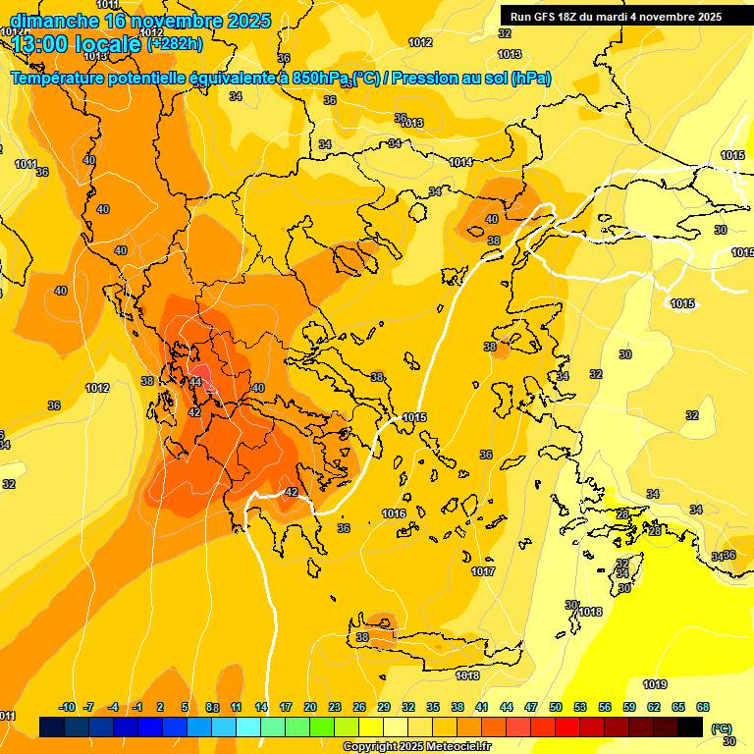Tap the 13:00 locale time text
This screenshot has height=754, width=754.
[x=77, y=44]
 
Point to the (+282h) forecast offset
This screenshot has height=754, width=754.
[x=175, y=43]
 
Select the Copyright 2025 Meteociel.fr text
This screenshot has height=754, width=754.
[x=417, y=746]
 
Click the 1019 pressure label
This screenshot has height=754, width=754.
[x=655, y=684]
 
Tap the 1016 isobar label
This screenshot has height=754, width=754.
[x=394, y=513]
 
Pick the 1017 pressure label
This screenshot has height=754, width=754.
[x=483, y=571]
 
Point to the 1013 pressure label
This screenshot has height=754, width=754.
[x=411, y=123]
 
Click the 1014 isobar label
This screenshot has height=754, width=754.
[x=460, y=162]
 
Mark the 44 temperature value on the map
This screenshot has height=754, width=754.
[x=195, y=382]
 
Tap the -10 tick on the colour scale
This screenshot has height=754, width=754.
[x=67, y=707]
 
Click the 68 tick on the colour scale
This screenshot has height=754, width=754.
[x=703, y=707]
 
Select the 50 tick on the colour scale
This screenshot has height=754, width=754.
[x=556, y=707]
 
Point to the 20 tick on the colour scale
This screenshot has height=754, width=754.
[x=310, y=707]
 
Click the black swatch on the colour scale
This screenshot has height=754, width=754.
[x=690, y=727]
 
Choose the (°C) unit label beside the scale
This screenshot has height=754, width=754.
[x=721, y=728]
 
